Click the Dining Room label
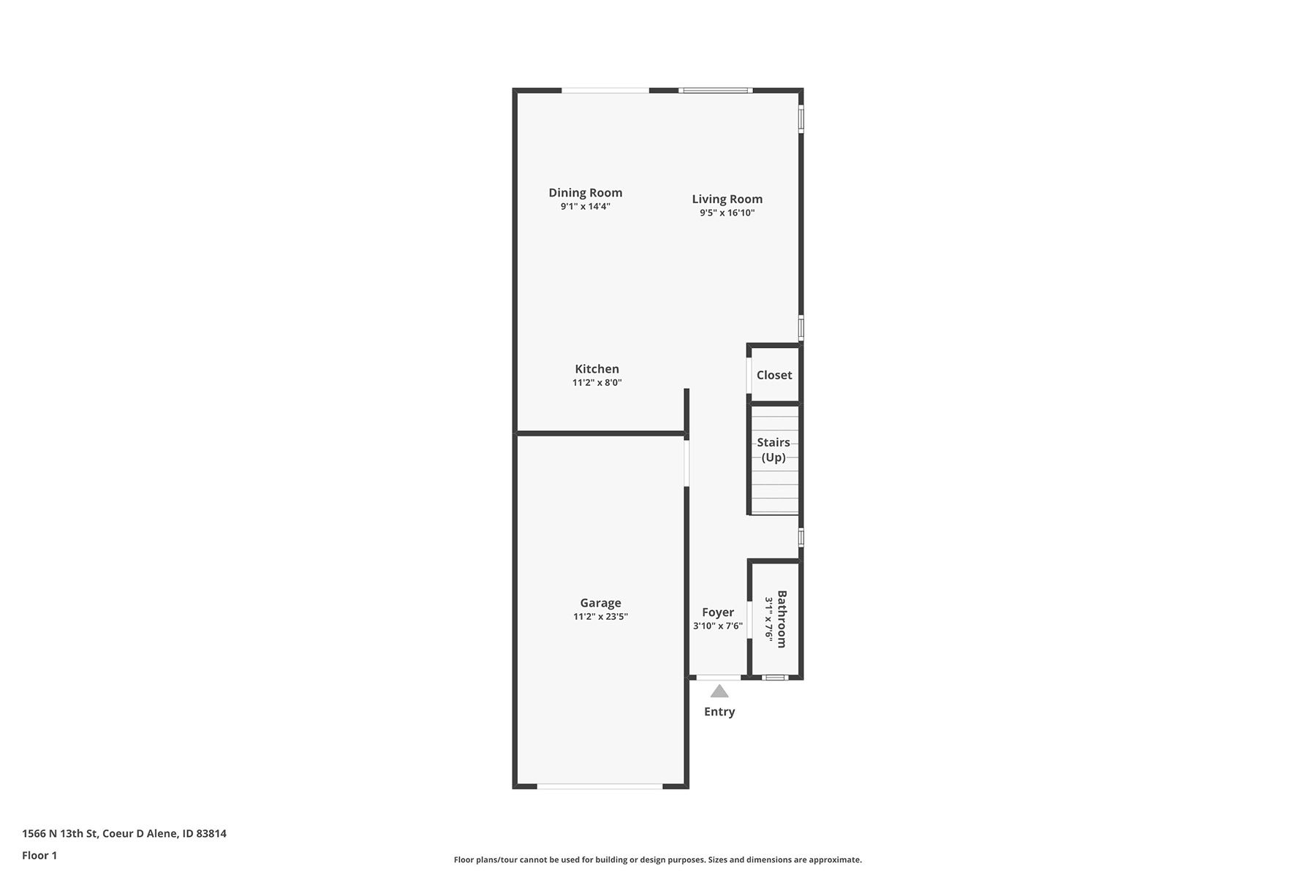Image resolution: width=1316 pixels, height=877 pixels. pyautogui.click(x=586, y=193)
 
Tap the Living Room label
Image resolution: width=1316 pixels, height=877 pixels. pyautogui.click(x=727, y=199)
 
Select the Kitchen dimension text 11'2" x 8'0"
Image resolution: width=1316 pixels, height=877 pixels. pyautogui.click(x=597, y=383)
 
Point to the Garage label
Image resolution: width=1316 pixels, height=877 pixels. pyautogui.click(x=601, y=603)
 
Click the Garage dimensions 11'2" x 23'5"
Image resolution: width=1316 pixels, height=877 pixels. pyautogui.click(x=601, y=617)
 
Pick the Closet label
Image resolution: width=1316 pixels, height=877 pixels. pyautogui.click(x=774, y=375)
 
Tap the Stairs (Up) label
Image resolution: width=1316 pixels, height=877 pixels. pyautogui.click(x=774, y=450)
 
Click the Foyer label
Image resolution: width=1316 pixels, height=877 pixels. pyautogui.click(x=718, y=612)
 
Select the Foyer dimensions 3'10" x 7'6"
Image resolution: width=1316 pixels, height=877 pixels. pyautogui.click(x=718, y=626)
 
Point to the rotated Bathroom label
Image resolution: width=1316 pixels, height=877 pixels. pyautogui.click(x=782, y=619)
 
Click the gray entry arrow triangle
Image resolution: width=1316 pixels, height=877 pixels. pyautogui.click(x=719, y=691)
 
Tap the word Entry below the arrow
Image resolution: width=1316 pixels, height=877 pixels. pyautogui.click(x=719, y=712)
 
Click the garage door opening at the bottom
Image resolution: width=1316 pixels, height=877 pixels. pyautogui.click(x=600, y=786)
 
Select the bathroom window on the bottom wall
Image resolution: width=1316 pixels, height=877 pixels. pyautogui.click(x=775, y=677)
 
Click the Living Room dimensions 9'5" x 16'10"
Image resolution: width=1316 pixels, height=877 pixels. pyautogui.click(x=727, y=213)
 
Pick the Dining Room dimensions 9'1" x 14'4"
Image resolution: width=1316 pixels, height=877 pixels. pyautogui.click(x=586, y=207)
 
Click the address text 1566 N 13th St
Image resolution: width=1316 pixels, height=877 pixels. pyautogui.click(x=60, y=834)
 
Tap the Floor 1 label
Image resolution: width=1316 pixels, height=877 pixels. pyautogui.click(x=39, y=856)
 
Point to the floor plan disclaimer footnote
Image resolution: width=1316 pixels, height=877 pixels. pyautogui.click(x=658, y=860)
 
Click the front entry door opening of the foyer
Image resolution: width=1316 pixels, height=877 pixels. pyautogui.click(x=719, y=677)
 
